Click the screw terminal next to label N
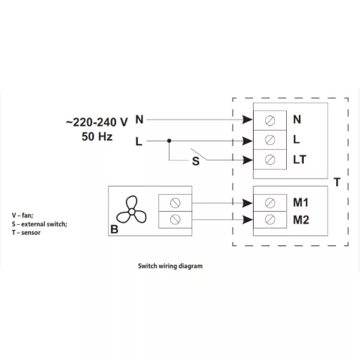pyautogui.click(x=270, y=120)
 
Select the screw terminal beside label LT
pyautogui.click(x=270, y=160)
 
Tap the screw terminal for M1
pyautogui.click(x=270, y=202)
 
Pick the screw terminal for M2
pyautogui.click(x=270, y=219)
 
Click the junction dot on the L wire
pyautogui.click(x=169, y=141)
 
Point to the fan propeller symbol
pyautogui.click(x=131, y=210)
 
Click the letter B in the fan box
pyautogui.click(x=115, y=229)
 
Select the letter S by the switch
pyautogui.click(x=195, y=161)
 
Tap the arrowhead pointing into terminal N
pyautogui.click(x=247, y=120)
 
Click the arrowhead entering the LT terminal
pyautogui.click(x=247, y=160)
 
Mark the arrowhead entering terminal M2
pyautogui.click(x=247, y=220)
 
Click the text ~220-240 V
pyautogui.click(x=97, y=122)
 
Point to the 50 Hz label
pyautogui.click(x=97, y=136)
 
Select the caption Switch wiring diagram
pyautogui.click(x=170, y=266)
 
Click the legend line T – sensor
pyautogui.click(x=26, y=233)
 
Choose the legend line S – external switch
pyautogui.click(x=39, y=224)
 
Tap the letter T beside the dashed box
pyautogui.click(x=337, y=182)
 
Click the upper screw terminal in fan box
pyautogui.click(x=175, y=203)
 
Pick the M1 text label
pyautogui.click(x=301, y=202)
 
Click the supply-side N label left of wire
pyautogui.click(x=139, y=120)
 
